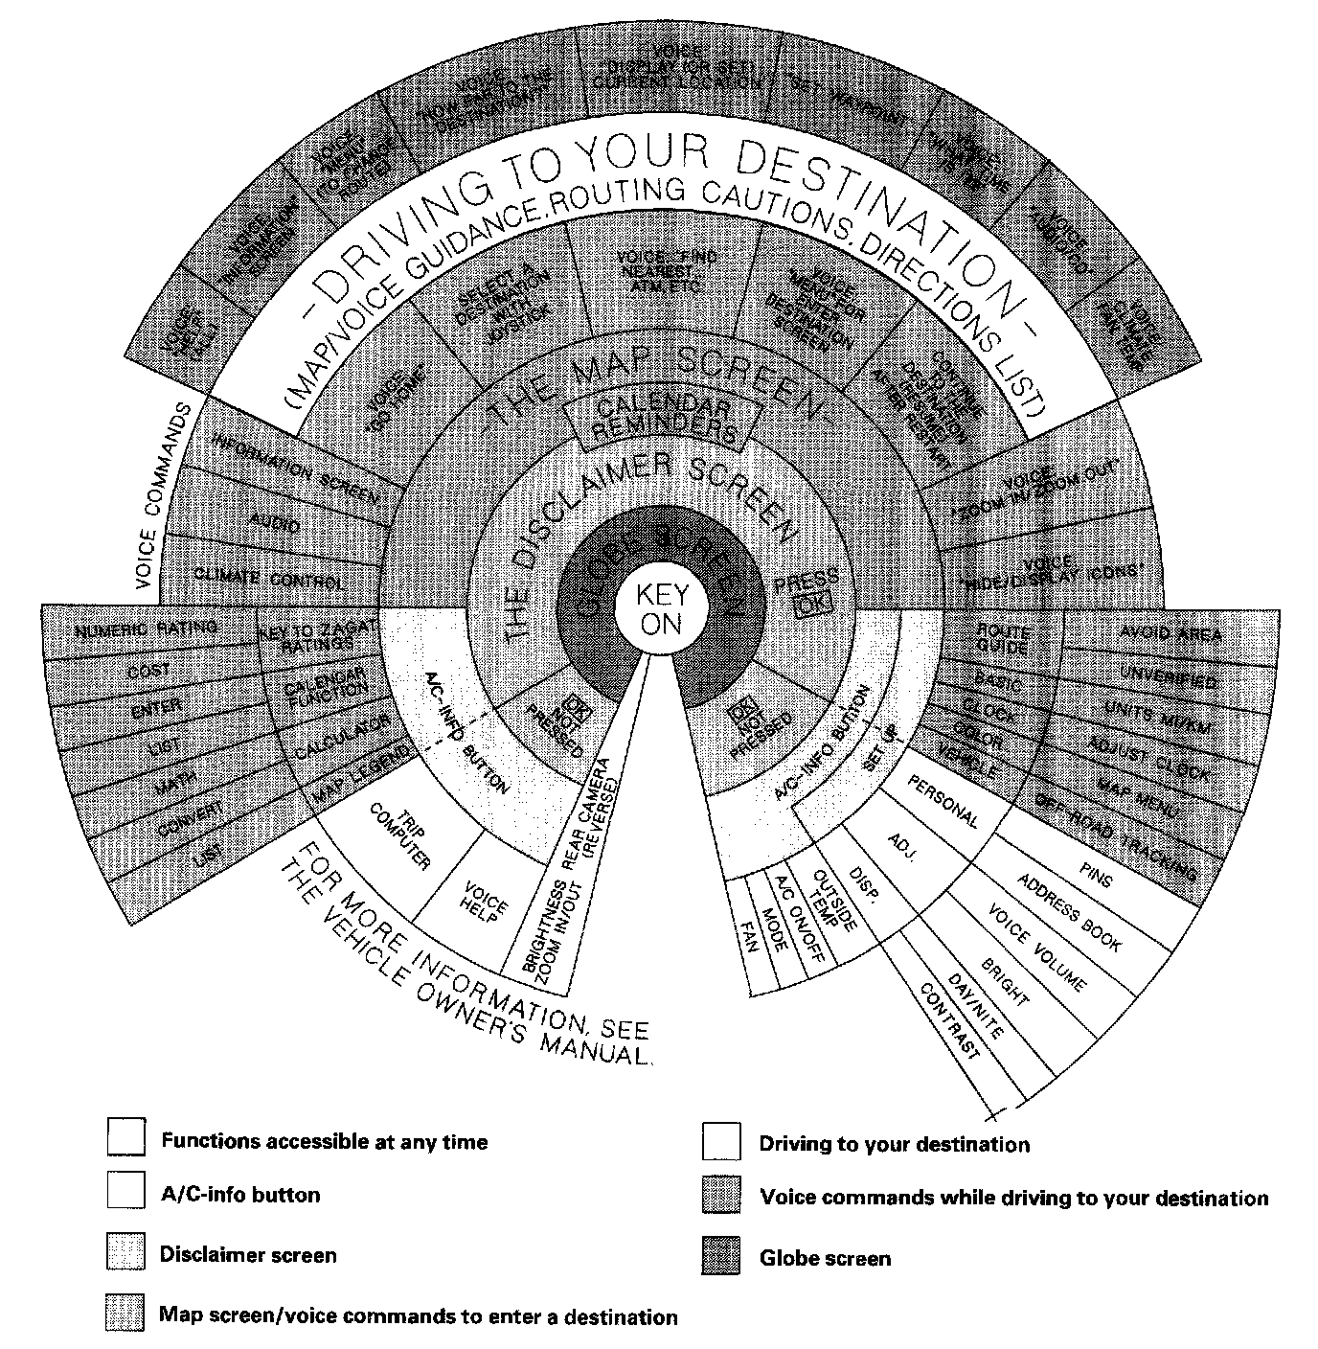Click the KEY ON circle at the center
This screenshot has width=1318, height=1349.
point(660,610)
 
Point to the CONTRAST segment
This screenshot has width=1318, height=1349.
point(949,1020)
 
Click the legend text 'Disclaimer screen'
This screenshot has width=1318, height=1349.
point(248,1255)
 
